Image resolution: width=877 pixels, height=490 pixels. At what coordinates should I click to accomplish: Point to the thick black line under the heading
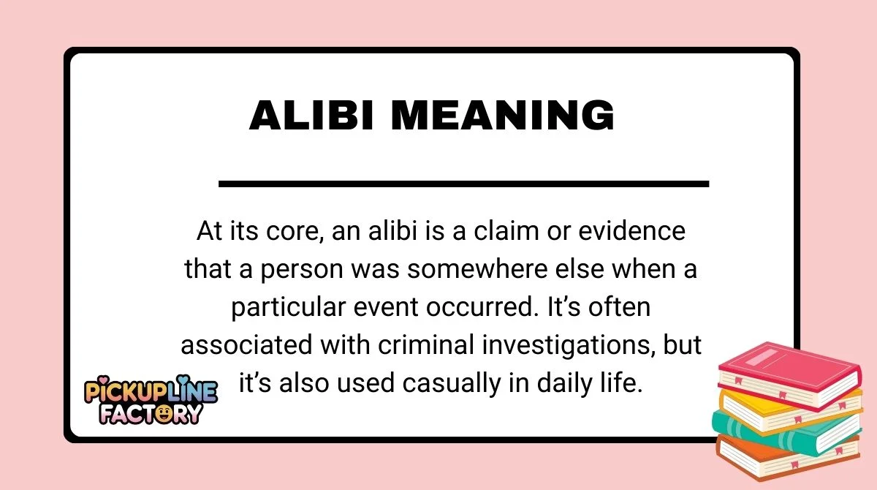pos(463,183)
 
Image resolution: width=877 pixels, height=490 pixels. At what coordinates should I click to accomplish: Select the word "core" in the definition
pos(297,232)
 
